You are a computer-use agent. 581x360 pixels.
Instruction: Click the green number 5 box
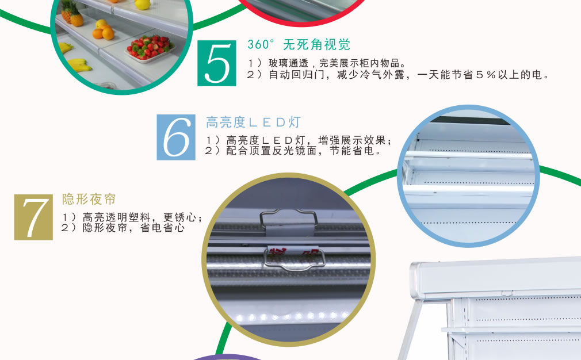[216, 63]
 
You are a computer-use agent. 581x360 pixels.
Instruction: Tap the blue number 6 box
[176, 137]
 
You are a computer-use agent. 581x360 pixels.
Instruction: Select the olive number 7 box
[33, 217]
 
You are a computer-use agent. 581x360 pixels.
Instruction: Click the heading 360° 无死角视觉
[299, 44]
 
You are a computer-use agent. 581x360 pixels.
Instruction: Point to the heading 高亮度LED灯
[253, 122]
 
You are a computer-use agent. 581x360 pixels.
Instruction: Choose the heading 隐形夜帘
[89, 199]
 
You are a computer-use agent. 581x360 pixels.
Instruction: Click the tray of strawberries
[151, 48]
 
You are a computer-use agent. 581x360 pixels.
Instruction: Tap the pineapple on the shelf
[72, 14]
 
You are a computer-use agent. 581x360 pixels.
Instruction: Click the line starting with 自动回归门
[397, 75]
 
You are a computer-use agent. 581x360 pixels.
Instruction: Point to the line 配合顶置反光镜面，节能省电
[293, 151]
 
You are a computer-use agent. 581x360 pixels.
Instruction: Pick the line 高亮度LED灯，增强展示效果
[299, 140]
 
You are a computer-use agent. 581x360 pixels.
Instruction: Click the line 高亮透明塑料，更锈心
[132, 217]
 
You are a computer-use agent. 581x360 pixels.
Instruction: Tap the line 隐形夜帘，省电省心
[123, 227]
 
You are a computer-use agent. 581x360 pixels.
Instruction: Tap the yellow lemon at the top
[143, 5]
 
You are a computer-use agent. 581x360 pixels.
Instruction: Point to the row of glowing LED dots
[293, 317]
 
